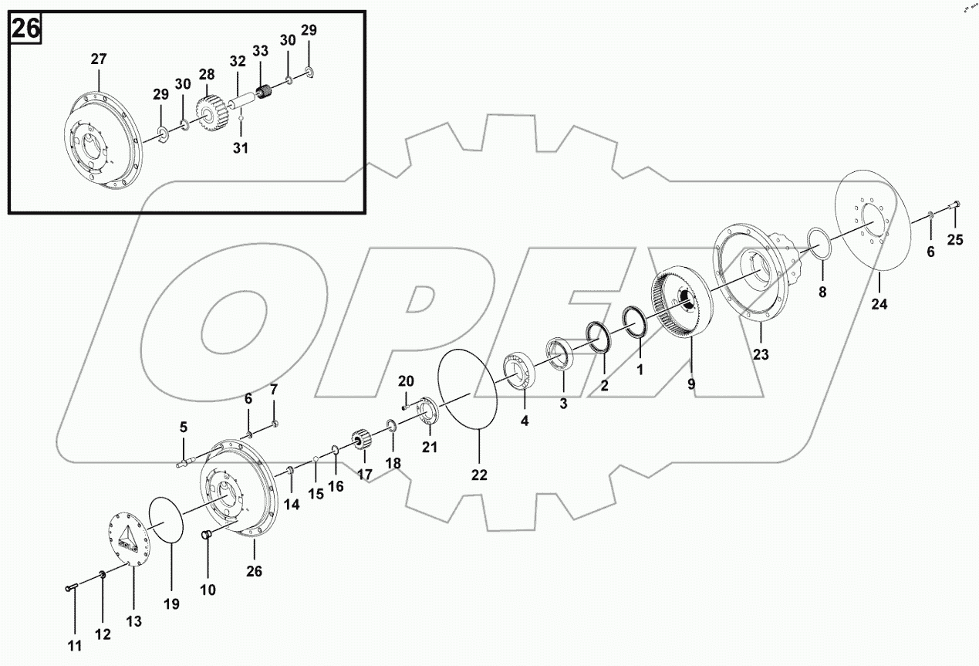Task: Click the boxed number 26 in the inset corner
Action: (25, 30)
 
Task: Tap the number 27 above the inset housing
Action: (99, 59)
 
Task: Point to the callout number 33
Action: (261, 52)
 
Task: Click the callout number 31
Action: (241, 147)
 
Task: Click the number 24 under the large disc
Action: (879, 304)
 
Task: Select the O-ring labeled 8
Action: (819, 241)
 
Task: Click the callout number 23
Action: (761, 355)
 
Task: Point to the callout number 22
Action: (479, 475)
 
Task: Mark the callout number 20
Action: (406, 380)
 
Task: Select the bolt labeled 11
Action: (69, 588)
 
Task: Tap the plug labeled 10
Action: (207, 536)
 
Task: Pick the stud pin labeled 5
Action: (187, 463)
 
